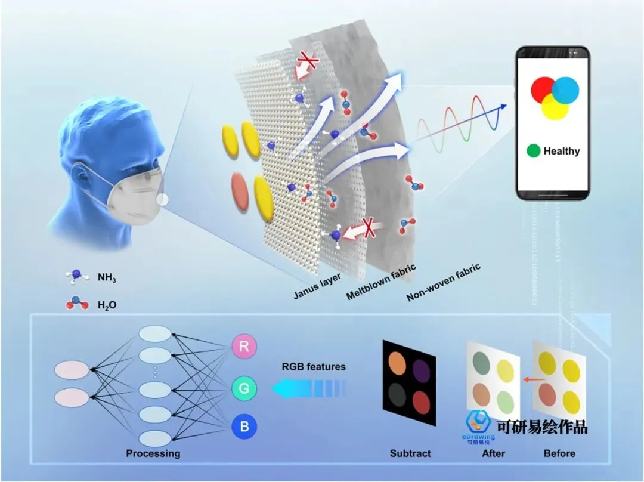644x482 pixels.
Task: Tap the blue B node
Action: (x=245, y=428)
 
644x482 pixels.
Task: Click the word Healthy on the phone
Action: (x=561, y=151)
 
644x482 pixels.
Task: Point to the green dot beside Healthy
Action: (x=533, y=151)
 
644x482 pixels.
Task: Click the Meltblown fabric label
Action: (x=381, y=282)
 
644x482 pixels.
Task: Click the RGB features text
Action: (x=314, y=366)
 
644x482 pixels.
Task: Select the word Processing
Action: (x=153, y=453)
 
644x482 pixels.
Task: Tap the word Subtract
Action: (x=410, y=453)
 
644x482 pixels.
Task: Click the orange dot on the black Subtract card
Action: (x=397, y=363)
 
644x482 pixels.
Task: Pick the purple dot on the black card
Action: (x=422, y=369)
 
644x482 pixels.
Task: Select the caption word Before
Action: (x=559, y=453)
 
